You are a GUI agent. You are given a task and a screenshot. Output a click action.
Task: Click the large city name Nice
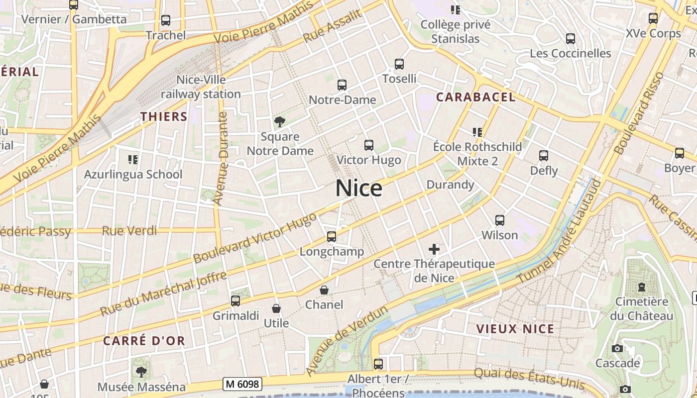coord(358,189)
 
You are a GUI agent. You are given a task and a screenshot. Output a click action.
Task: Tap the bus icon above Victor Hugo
coord(368,145)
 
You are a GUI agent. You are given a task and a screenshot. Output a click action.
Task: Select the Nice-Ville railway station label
coord(201,87)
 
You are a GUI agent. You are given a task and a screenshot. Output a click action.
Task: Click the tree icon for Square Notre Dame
coord(280,122)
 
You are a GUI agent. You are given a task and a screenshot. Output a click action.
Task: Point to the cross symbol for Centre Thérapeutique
coord(434,249)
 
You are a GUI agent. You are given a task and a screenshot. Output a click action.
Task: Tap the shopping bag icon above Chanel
coord(324,290)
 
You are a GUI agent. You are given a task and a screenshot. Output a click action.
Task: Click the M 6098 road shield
coord(242,384)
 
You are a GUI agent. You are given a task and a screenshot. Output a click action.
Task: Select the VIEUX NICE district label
coord(515,329)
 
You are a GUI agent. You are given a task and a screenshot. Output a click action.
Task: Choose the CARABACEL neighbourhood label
coord(475,97)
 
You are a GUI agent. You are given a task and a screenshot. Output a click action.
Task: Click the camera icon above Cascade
coord(617,348)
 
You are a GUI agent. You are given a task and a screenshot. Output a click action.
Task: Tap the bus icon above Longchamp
coord(332,237)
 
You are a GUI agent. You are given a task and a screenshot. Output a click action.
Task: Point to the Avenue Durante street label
coord(220,158)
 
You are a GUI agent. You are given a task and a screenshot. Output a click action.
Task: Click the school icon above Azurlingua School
coord(133,159)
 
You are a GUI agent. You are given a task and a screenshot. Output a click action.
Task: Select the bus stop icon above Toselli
coord(399,64)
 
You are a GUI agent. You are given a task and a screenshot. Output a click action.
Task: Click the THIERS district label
coord(164,117)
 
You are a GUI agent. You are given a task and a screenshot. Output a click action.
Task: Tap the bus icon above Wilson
coord(500,220)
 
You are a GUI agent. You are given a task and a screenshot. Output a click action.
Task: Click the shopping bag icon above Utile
coord(276,308)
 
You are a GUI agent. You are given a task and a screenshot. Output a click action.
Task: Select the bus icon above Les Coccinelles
coord(571,38)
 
